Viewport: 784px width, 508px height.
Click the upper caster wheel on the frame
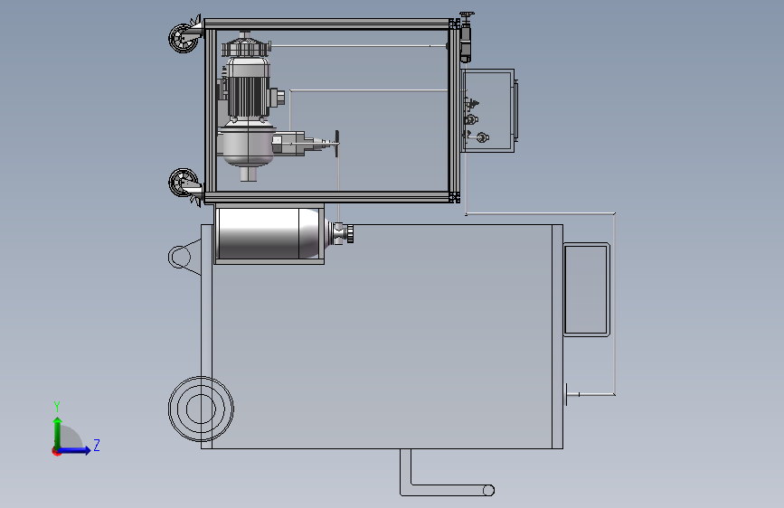(x=183, y=38)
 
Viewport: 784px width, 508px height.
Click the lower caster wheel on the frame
(x=183, y=183)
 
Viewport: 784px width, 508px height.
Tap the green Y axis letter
(x=57, y=406)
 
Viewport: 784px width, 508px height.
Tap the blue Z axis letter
(x=97, y=445)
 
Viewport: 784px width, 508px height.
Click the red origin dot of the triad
(x=56, y=451)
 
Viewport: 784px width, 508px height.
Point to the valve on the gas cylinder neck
(x=343, y=233)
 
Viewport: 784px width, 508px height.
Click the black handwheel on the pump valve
(x=337, y=144)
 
